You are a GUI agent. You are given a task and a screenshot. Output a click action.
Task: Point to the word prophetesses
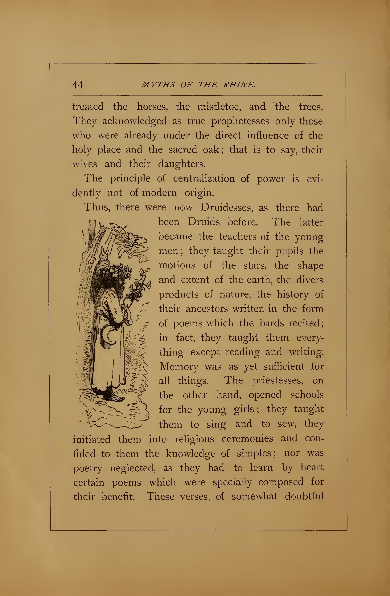click(240, 121)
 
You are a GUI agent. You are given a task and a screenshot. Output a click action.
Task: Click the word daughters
click(182, 164)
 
